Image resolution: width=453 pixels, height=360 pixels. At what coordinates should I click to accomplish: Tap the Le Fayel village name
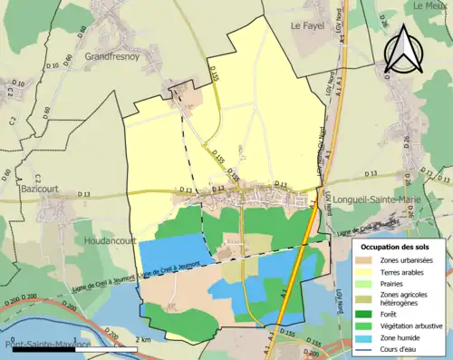(x=308, y=27)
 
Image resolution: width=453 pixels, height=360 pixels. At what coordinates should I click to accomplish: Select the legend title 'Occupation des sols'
(x=398, y=247)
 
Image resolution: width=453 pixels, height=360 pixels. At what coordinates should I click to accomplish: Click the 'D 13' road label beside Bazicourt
(x=84, y=194)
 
